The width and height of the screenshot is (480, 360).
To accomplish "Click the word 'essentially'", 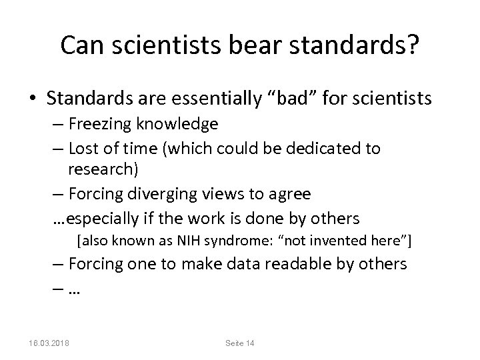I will click(214, 99).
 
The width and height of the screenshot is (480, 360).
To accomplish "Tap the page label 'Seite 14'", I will click(239, 343).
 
